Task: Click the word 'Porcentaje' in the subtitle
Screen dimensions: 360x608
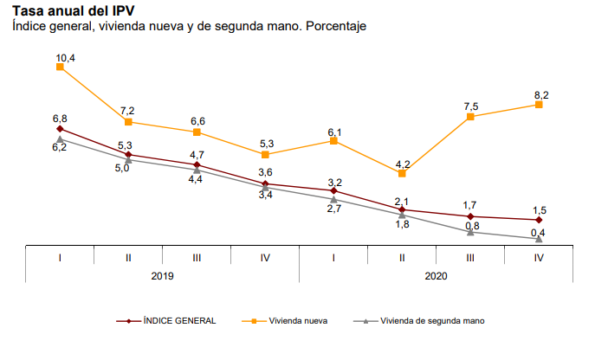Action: pos(336,26)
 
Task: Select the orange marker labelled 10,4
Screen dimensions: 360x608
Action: pos(60,67)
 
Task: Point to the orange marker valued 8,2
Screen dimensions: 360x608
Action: pos(539,104)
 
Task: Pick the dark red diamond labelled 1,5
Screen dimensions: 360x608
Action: pos(539,220)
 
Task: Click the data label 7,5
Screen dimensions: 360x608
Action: pos(470,106)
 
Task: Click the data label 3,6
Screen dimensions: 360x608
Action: pos(265,172)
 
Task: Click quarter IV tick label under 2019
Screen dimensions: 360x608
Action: pos(265,257)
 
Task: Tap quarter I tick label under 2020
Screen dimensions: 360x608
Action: pos(333,257)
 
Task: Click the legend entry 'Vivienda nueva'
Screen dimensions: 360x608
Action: pos(298,320)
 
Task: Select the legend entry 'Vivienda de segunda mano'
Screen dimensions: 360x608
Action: pos(431,320)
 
